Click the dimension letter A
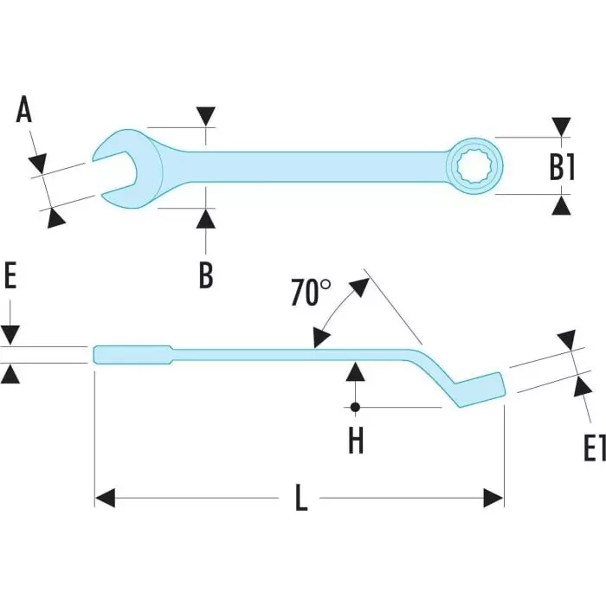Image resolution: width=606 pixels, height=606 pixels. [x=24, y=112]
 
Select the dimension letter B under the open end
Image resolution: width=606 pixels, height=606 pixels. [x=205, y=274]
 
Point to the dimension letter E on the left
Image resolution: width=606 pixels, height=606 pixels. [x=10, y=277]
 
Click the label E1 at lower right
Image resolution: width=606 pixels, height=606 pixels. [x=593, y=448]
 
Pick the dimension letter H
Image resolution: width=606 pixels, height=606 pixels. [x=356, y=441]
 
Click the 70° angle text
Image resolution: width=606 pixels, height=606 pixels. [x=311, y=293]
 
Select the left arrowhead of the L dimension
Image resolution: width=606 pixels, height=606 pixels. [x=105, y=498]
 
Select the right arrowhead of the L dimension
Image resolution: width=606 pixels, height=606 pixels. [x=493, y=498]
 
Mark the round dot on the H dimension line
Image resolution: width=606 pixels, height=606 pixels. [x=356, y=407]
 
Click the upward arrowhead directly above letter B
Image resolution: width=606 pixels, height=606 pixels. [x=205, y=218]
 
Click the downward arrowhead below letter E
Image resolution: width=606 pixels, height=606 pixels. [x=10, y=334]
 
